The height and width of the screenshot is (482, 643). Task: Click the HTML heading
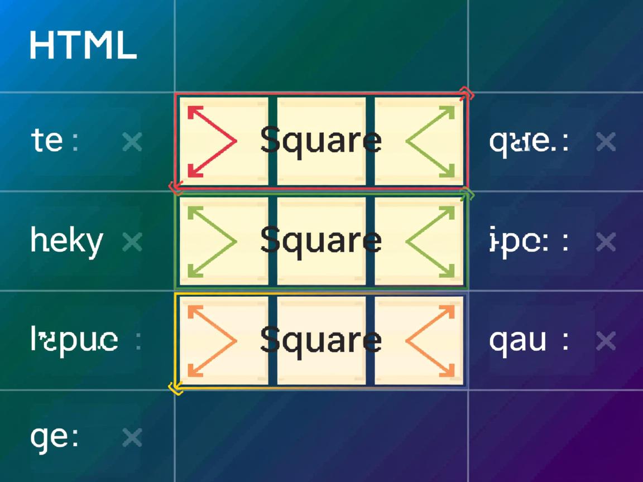pyautogui.click(x=83, y=46)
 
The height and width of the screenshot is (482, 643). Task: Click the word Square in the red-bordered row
pyautogui.click(x=320, y=140)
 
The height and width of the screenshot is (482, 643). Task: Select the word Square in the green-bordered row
pyautogui.click(x=320, y=240)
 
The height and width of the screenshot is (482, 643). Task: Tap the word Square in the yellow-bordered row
pyautogui.click(x=320, y=339)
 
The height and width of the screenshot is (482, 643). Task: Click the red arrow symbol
pyautogui.click(x=211, y=141)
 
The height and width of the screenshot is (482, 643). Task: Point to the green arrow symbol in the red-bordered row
pyautogui.click(x=431, y=141)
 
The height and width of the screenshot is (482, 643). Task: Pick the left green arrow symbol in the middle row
pyautogui.click(x=211, y=241)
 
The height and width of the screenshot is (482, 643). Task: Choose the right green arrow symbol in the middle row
pyautogui.click(x=431, y=241)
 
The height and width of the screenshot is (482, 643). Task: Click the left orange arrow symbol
pyautogui.click(x=211, y=340)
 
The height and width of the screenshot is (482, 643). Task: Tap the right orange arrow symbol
pyautogui.click(x=431, y=340)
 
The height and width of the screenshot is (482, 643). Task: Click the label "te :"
pyautogui.click(x=54, y=141)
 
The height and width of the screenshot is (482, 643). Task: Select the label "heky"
pyautogui.click(x=66, y=242)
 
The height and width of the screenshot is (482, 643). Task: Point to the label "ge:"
pyautogui.click(x=54, y=437)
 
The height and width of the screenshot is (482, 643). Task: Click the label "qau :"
pyautogui.click(x=529, y=340)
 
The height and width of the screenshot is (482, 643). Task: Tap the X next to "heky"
pyautogui.click(x=132, y=242)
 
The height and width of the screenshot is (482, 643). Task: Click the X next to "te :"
pyautogui.click(x=132, y=142)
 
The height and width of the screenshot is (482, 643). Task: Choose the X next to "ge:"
pyautogui.click(x=132, y=437)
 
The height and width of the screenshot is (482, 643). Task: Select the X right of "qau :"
pyautogui.click(x=606, y=340)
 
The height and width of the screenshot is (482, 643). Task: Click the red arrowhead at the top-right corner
pyautogui.click(x=466, y=95)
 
